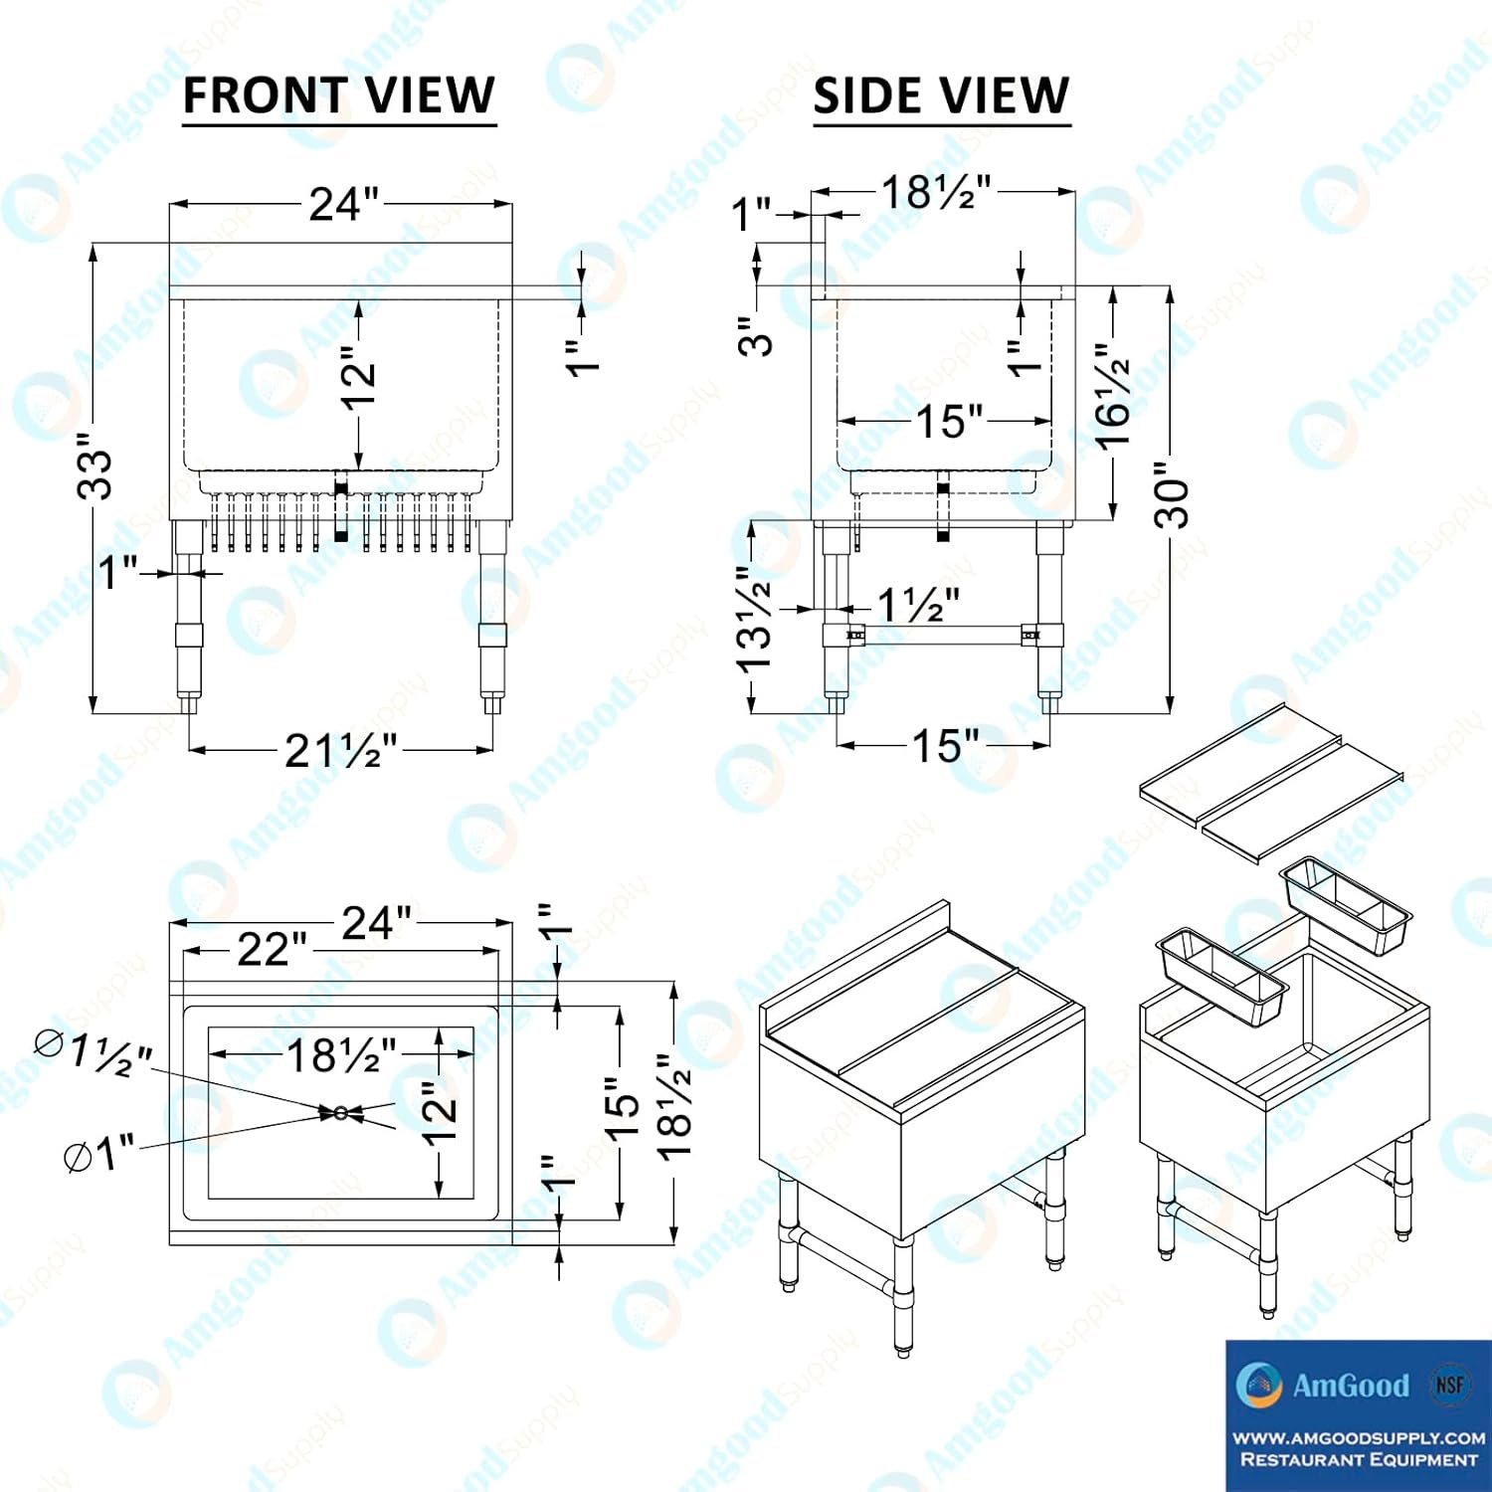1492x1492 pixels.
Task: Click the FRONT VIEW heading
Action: pos(339,95)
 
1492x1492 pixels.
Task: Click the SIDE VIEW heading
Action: pos(941,95)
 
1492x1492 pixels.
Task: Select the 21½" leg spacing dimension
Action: pos(341,750)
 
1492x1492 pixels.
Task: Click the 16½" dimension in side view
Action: pos(1112,397)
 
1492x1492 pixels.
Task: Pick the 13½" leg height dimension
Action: pos(754,619)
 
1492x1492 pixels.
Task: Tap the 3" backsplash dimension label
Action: pos(755,336)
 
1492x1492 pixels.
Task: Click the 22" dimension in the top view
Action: pos(272,949)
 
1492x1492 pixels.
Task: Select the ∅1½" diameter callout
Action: pos(93,1053)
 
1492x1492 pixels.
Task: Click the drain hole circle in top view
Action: pos(341,1113)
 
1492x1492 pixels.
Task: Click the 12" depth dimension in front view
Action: pos(358,377)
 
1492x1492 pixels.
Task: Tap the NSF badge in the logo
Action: pos(1449,1384)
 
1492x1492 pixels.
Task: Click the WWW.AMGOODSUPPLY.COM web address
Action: pos(1359,1438)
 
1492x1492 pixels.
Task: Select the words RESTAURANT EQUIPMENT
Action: pos(1359,1460)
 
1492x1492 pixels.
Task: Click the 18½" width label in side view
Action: pos(936,192)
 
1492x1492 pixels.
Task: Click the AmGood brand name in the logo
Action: pos(1351,1386)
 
